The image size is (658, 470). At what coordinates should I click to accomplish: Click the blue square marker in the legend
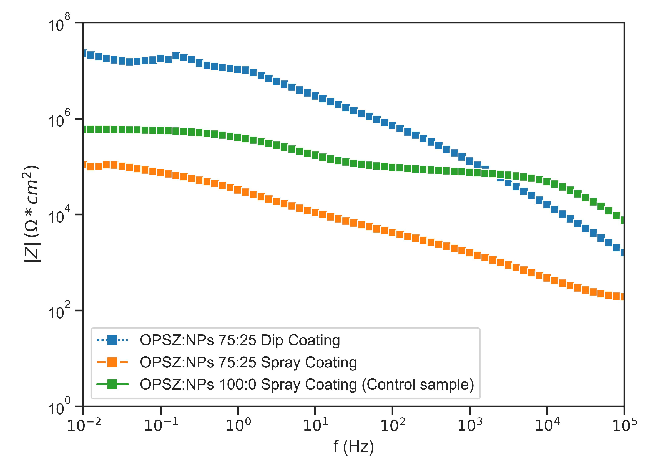click(112, 340)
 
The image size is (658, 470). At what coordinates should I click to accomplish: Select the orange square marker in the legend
click(112, 362)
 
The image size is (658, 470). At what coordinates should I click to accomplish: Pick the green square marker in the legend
click(112, 384)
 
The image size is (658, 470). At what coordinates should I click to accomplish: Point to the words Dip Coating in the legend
click(300, 340)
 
